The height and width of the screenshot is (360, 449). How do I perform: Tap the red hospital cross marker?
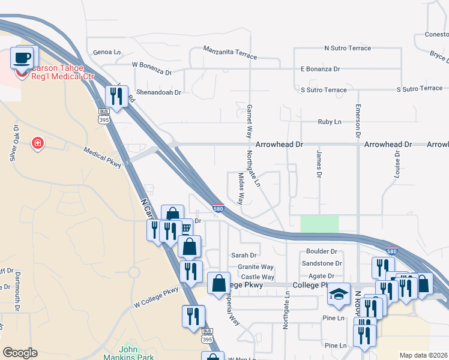point(37,143)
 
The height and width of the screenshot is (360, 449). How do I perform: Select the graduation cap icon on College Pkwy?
point(339,294)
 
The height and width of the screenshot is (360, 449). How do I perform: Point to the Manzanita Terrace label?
point(230,53)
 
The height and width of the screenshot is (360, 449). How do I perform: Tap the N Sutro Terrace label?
point(348,47)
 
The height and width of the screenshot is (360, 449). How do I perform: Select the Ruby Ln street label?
point(329,122)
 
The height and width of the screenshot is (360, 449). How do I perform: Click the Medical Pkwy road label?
point(103,157)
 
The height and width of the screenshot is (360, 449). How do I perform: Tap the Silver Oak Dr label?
point(14,143)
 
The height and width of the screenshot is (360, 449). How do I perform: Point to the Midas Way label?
point(241,188)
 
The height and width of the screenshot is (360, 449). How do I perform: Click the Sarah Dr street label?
point(244,255)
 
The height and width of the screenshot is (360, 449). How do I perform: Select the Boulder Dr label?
point(321,251)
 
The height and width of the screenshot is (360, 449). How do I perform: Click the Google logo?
point(20,353)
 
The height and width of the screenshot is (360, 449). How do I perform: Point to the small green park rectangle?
point(319,224)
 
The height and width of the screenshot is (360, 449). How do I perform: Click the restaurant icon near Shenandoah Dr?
point(115,96)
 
